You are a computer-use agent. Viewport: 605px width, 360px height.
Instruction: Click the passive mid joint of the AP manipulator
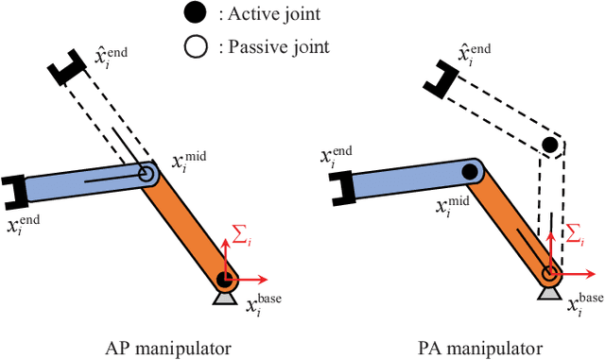click(147, 175)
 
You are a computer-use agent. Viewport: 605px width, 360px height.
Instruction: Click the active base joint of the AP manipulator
click(224, 279)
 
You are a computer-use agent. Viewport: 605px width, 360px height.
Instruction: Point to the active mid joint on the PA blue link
click(469, 172)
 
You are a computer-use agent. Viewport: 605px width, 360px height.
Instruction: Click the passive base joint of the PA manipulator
click(549, 276)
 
